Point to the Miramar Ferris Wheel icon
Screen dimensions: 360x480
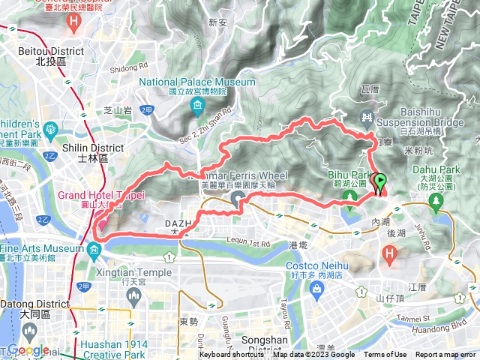click(x=238, y=199)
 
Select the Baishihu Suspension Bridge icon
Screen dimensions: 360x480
click(x=367, y=115)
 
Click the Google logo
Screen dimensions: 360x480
click(x=28, y=350)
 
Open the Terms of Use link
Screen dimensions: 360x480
click(x=385, y=355)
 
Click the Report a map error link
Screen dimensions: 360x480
click(x=446, y=355)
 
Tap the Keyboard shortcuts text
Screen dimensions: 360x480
click(x=231, y=355)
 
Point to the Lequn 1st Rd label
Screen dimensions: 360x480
click(x=245, y=244)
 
